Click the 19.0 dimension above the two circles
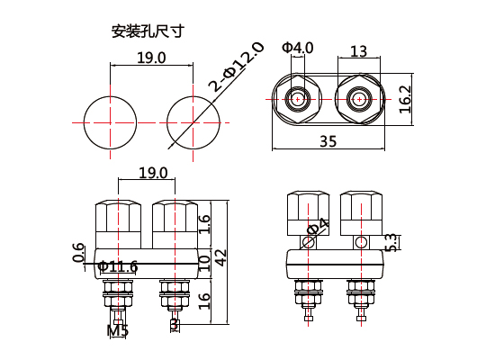[151, 58]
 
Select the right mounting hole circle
[193, 121]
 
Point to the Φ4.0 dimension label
[297, 47]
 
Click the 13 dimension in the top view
[358, 51]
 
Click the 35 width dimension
[328, 140]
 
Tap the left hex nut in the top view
[297, 98]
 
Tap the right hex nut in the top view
[358, 98]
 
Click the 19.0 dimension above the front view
[153, 173]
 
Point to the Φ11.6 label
[117, 266]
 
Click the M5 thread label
[118, 330]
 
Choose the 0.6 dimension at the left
[79, 254]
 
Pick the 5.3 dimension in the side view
[391, 242]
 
